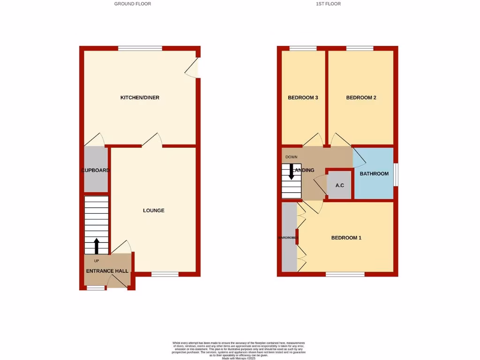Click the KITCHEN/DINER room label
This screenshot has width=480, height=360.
point(140,97)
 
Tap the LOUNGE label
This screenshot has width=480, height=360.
point(154,210)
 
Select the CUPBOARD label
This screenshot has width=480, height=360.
point(96,170)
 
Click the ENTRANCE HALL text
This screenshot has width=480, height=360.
point(107,271)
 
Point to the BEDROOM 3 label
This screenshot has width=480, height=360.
point(303,97)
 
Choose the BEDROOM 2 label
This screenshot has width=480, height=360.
point(361,97)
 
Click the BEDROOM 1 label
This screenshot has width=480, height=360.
point(346,238)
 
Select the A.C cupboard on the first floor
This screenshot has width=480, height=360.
point(340,186)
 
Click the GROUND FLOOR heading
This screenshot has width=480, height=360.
point(133,4)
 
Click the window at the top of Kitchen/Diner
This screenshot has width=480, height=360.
point(140,48)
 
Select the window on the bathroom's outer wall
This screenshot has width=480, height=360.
point(396,174)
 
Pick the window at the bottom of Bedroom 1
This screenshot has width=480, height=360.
point(345,274)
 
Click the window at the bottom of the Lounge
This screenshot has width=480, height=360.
point(165,274)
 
